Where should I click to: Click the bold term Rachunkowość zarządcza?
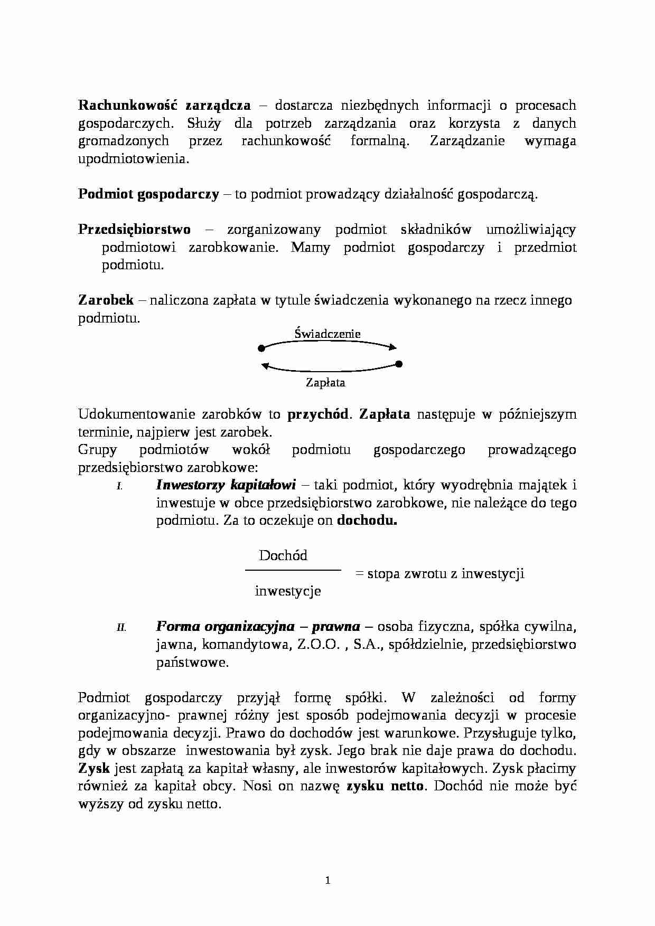coord(164,105)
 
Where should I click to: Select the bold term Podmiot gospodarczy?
coord(148,194)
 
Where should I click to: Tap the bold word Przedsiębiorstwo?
coord(134,229)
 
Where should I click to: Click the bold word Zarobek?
coord(106,300)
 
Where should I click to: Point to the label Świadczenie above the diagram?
coord(327,334)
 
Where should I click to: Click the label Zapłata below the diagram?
coord(325,383)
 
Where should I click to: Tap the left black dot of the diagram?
coord(261,348)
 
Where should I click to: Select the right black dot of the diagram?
coord(399,364)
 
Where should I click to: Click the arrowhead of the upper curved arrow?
coord(392,347)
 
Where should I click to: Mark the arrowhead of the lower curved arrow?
coord(266,365)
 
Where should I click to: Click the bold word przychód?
coord(317,414)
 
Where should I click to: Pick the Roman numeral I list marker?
coord(119,487)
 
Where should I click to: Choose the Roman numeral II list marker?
coord(121,628)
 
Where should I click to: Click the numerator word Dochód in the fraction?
coord(283,555)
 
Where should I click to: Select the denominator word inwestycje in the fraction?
coord(288,591)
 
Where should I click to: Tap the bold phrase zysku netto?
coord(385,786)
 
